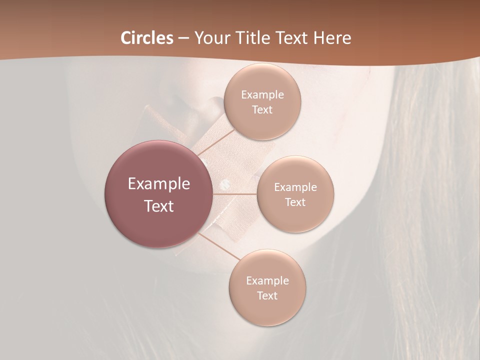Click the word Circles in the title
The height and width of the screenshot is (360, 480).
click(x=146, y=38)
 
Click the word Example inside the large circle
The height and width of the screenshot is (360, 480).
click(x=159, y=184)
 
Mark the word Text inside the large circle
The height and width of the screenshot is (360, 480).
click(x=159, y=206)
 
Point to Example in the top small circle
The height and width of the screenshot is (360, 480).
click(x=262, y=95)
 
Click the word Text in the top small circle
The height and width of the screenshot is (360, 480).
click(x=262, y=109)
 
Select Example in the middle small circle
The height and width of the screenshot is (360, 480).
click(x=295, y=187)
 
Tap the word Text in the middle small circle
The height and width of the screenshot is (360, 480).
click(x=295, y=202)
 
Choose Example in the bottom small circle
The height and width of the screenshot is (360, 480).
click(x=267, y=281)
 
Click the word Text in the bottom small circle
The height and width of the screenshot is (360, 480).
click(x=267, y=295)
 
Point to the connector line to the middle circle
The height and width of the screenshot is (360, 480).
click(x=235, y=194)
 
